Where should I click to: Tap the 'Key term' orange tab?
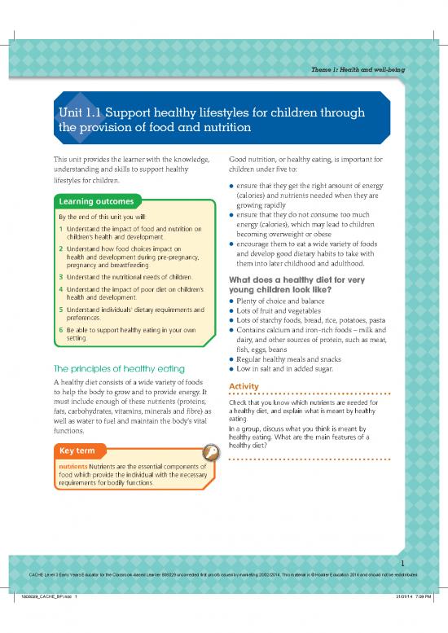(x=78, y=451)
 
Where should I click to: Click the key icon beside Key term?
(x=210, y=451)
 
